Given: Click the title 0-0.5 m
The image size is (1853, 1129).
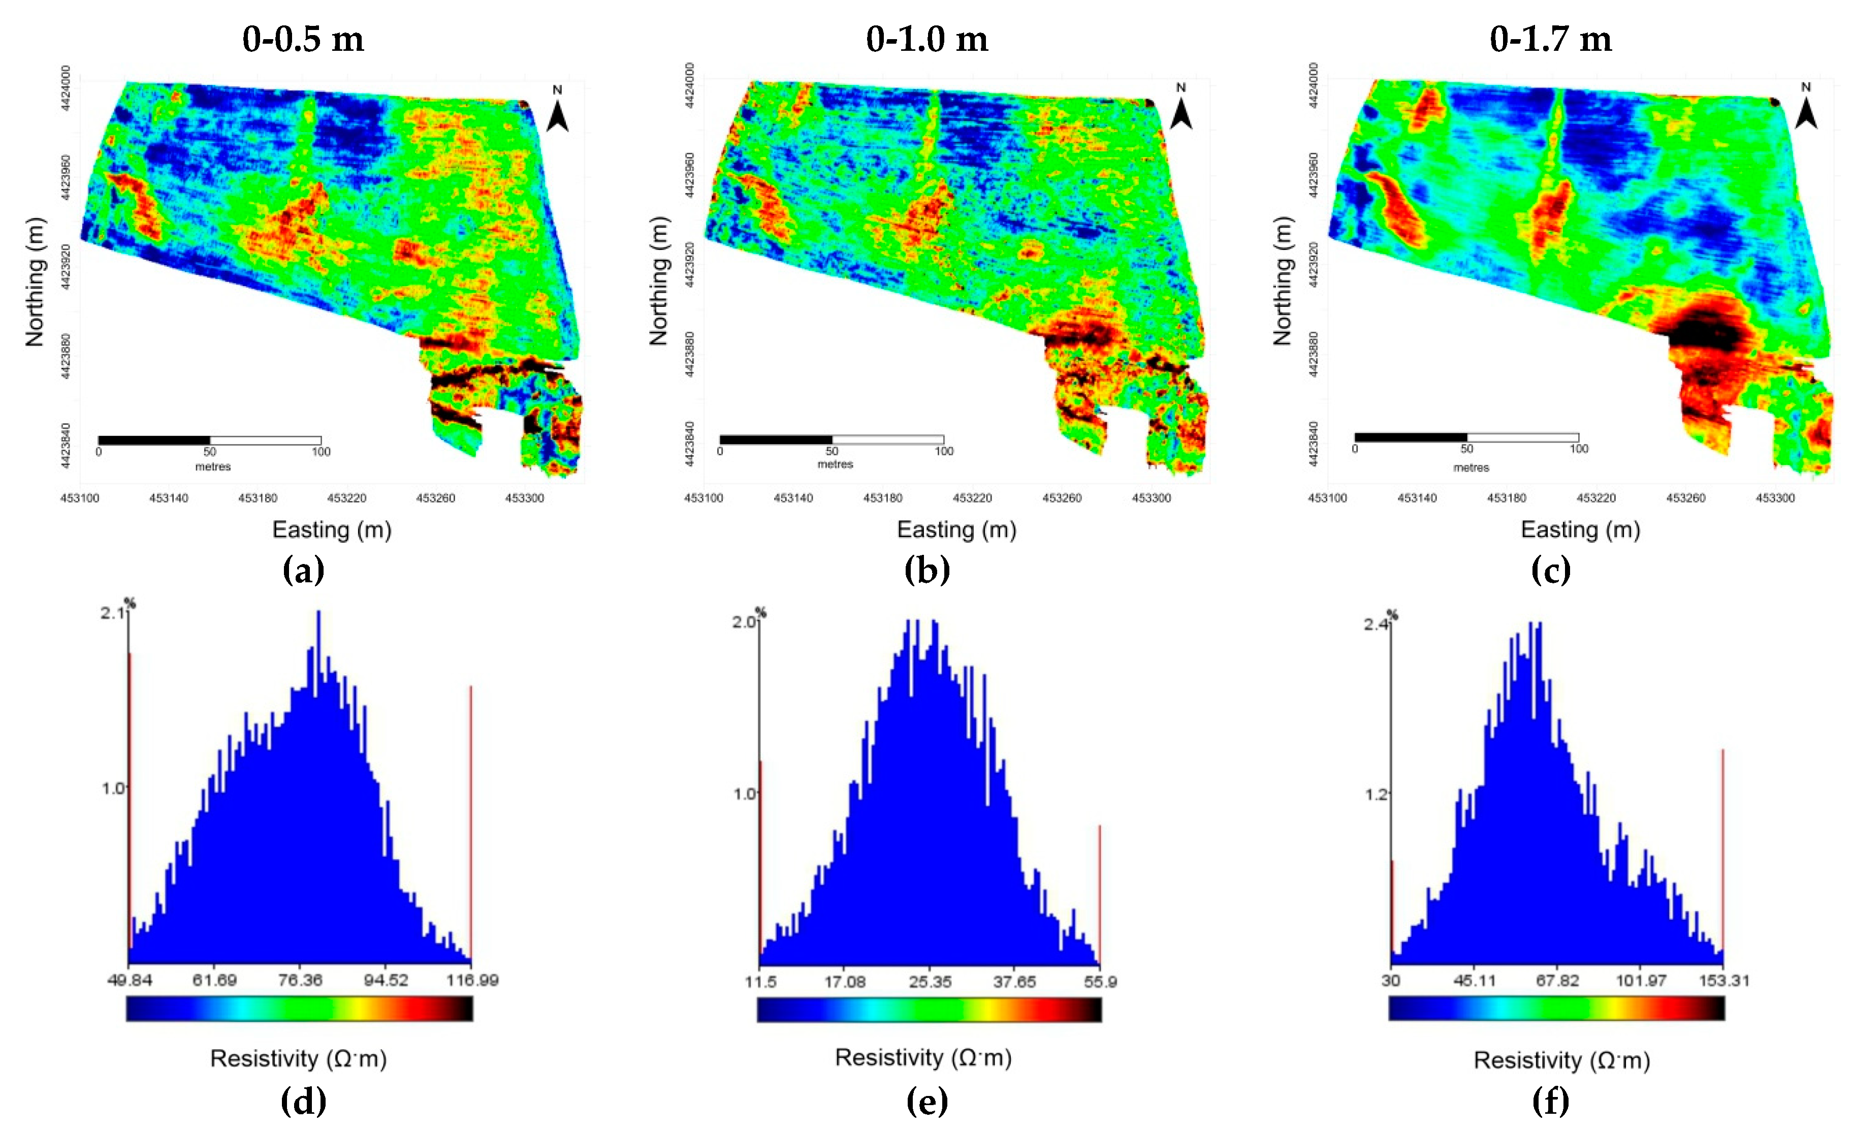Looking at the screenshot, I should click(303, 39).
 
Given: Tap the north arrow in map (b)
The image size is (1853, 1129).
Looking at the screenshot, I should click(1180, 111).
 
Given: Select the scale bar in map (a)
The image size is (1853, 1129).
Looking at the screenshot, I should click(209, 440).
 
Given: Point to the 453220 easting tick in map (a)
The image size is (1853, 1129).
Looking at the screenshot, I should click(347, 498).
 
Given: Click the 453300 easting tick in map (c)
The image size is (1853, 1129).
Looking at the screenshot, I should click(1774, 498).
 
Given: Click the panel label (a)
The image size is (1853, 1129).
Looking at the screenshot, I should click(303, 570).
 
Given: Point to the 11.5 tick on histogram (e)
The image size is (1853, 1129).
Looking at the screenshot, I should click(760, 982).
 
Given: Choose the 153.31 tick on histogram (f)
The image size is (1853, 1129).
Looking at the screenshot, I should click(1723, 981).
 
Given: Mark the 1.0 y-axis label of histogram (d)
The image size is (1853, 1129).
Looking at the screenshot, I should click(112, 788).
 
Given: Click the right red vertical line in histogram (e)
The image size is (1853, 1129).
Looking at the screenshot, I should click(1100, 895).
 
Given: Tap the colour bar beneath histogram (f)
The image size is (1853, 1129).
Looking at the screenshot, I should click(1556, 1008).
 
